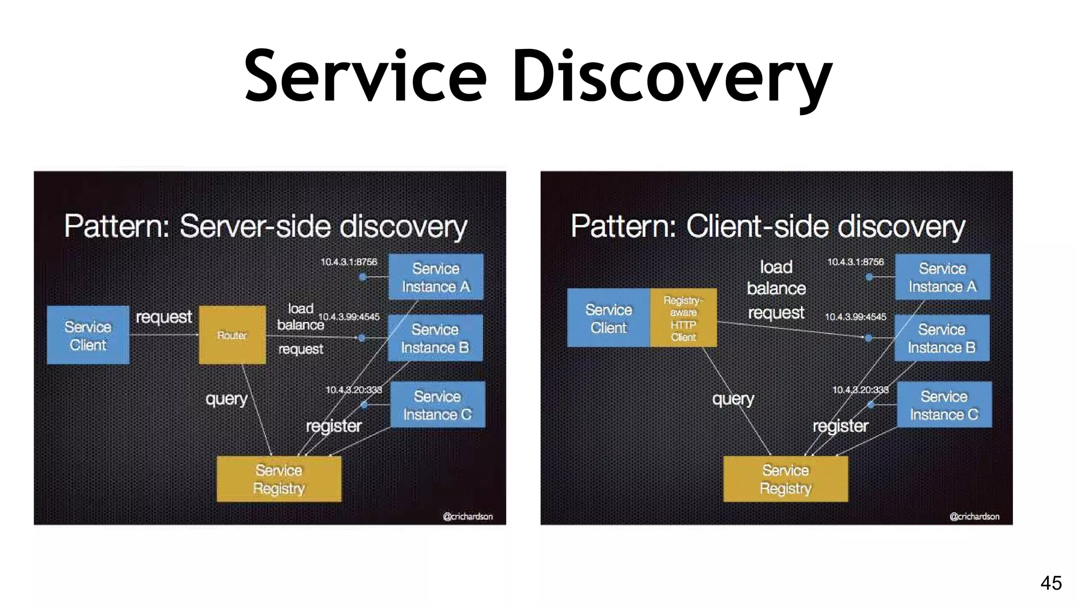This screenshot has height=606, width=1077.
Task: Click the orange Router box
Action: click(x=232, y=335)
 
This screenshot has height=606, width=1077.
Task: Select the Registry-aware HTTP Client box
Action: click(x=683, y=318)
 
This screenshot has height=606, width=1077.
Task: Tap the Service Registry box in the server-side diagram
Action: click(x=279, y=479)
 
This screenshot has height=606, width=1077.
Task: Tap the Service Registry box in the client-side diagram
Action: click(x=785, y=479)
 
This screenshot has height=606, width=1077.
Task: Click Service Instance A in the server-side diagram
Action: click(x=435, y=277)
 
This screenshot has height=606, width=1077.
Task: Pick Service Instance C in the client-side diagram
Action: click(x=944, y=405)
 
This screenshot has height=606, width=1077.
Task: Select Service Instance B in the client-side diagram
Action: click(x=941, y=338)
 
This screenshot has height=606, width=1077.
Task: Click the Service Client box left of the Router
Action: click(x=88, y=335)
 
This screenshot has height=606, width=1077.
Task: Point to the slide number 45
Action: click(x=1051, y=583)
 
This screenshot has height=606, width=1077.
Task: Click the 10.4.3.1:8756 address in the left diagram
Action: click(x=349, y=262)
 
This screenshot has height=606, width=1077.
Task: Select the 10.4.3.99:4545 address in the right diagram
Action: click(x=855, y=317)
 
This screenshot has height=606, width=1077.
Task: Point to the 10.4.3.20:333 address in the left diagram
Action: click(x=353, y=390)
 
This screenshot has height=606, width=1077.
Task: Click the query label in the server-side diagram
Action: click(x=226, y=399)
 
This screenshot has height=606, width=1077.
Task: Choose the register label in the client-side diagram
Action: click(x=840, y=426)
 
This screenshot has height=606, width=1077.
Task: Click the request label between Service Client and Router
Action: click(x=164, y=317)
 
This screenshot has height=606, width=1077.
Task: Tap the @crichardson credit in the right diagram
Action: click(x=974, y=517)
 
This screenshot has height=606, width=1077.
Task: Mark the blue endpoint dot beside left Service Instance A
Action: click(x=362, y=277)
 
